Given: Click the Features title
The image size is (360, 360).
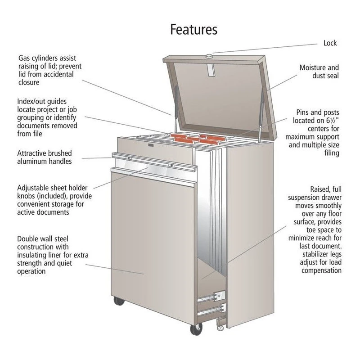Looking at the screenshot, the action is click(193, 29).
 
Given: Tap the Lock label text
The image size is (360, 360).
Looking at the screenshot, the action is click(330, 43).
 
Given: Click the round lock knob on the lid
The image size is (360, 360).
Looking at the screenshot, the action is click(209, 56).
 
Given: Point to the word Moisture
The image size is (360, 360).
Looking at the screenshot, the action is click(313, 67).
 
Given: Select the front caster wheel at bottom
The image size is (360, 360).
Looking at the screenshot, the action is click(196, 329).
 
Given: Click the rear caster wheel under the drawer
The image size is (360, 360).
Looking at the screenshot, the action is click(119, 301).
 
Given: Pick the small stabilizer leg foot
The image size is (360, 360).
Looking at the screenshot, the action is click(220, 324).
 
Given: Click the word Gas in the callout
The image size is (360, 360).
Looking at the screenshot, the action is click(24, 58).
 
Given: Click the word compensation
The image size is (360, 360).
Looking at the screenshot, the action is click(321, 270).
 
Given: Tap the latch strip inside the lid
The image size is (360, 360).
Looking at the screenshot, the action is click(211, 70).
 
